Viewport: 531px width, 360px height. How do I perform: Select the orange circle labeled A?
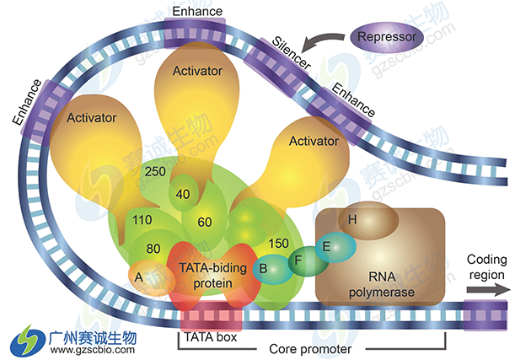tap(140, 275)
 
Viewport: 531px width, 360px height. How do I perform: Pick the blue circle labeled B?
tap(265, 269)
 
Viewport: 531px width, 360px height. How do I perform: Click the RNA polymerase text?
tap(372, 284)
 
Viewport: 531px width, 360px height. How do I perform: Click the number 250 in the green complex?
tap(154, 171)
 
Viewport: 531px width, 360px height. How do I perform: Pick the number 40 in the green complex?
tap(183, 193)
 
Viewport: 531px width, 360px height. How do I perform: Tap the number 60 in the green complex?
tap(205, 222)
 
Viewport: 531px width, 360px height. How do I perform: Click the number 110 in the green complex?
tap(141, 221)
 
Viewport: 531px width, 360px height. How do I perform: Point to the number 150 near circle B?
tap(279, 244)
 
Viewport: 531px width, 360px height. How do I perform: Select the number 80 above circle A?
tap(153, 249)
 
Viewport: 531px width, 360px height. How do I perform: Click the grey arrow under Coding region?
tap(488, 289)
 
